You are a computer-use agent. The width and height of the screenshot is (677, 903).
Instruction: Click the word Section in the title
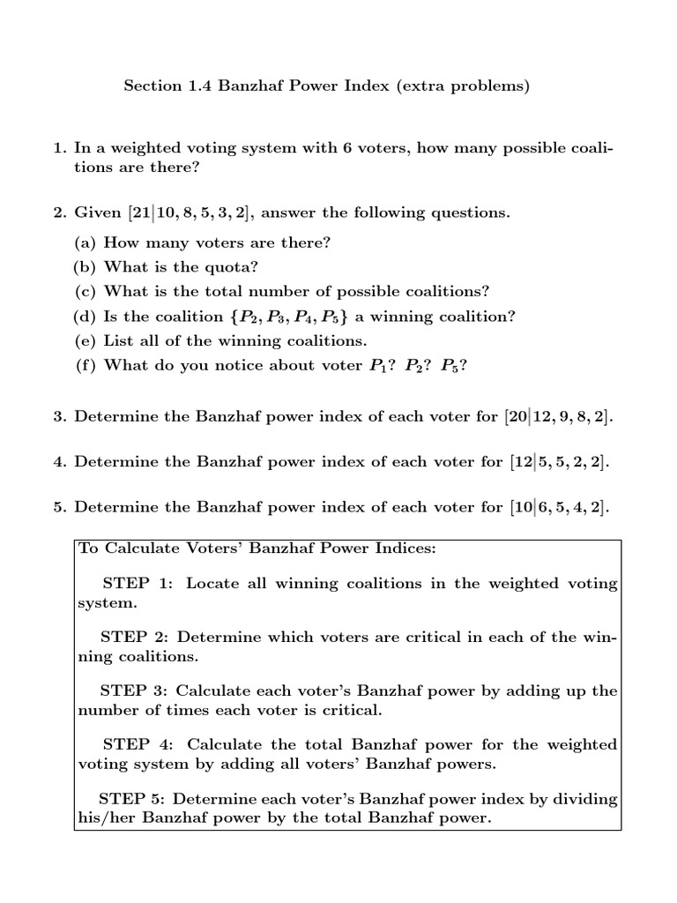(x=151, y=86)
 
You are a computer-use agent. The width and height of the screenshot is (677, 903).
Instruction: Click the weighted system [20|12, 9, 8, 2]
(x=557, y=416)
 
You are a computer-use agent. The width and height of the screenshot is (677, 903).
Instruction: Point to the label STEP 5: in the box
(x=132, y=798)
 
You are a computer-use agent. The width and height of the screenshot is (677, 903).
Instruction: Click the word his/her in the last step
(x=103, y=817)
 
